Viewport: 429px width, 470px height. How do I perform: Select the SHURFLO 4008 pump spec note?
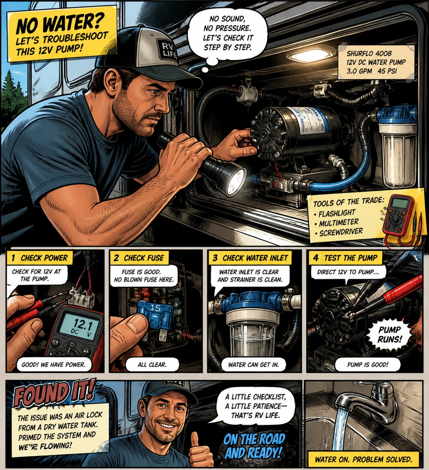(375, 62)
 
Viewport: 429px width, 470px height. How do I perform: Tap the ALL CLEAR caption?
(152, 365)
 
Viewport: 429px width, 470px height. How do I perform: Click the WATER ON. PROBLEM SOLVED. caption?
(364, 459)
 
